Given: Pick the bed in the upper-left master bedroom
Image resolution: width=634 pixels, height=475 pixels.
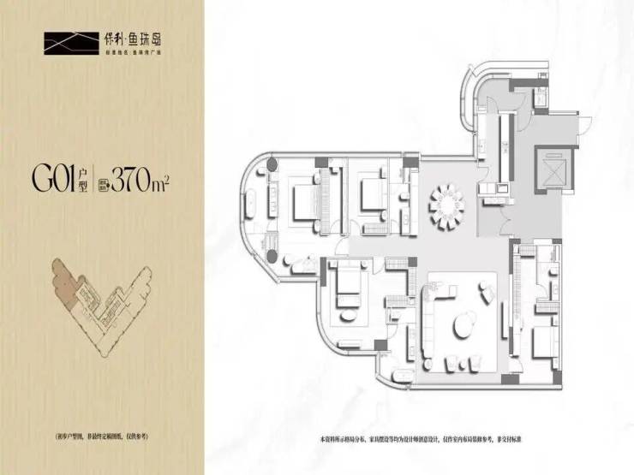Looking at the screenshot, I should point(304,201).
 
